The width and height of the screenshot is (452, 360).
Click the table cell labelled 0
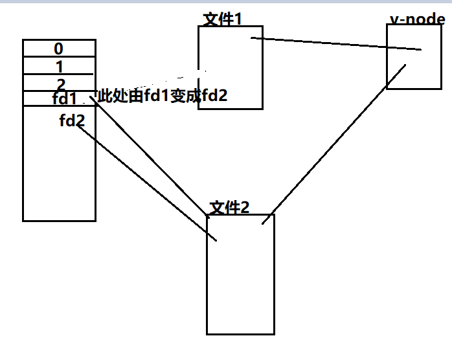click(x=59, y=49)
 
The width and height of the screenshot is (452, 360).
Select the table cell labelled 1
click(x=59, y=66)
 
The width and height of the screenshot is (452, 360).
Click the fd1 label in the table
click(x=65, y=99)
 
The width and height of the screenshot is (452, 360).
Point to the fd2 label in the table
click(x=72, y=120)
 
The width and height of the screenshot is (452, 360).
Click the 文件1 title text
click(x=223, y=19)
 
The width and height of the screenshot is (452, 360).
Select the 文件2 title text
click(x=229, y=207)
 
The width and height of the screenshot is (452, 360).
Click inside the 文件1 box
click(x=230, y=78)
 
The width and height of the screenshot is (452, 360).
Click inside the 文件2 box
click(x=240, y=285)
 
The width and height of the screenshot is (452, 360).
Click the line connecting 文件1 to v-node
click(x=337, y=43)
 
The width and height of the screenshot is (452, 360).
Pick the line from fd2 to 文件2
click(x=146, y=182)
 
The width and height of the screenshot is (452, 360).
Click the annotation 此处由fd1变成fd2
click(x=162, y=97)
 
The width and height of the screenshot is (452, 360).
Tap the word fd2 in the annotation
click(x=214, y=97)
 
